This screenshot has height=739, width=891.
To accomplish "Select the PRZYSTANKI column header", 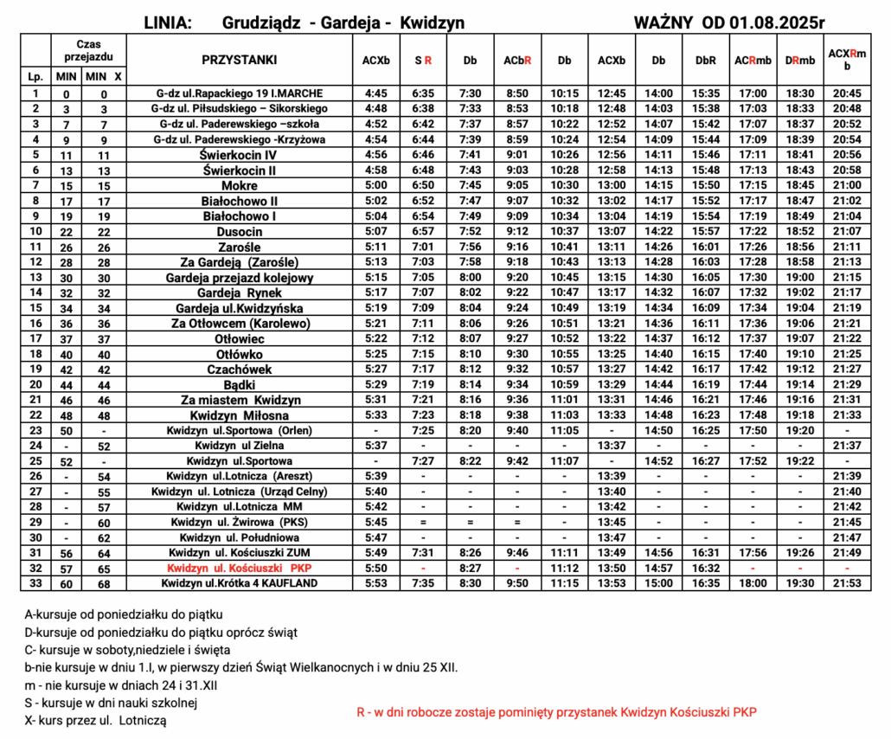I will coord(239,60).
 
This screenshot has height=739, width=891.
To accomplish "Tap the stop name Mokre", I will coord(239,185).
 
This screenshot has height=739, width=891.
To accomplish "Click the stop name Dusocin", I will coord(239,232).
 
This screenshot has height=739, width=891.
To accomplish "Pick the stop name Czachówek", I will coord(239,369).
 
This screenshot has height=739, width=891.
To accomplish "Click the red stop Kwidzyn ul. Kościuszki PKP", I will coord(239,568).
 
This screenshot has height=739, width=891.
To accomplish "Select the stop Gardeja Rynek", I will coord(239,292).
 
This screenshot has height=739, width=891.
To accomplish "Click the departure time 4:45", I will coord(375,93).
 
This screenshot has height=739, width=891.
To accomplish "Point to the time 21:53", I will coord(846,583).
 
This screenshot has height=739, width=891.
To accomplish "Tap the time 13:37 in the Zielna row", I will coord(612,446).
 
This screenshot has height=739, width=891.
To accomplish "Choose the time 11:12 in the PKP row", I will coord(564,568).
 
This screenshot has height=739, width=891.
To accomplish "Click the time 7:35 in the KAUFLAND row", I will coord(423,583).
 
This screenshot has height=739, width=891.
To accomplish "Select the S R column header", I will coord(423,61).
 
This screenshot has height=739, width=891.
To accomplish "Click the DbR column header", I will coord(705,61).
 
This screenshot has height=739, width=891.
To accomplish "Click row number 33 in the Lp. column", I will coord(35,583).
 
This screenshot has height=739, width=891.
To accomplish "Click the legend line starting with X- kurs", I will coord(95,719).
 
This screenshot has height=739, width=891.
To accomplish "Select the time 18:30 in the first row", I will coord(799,93).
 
